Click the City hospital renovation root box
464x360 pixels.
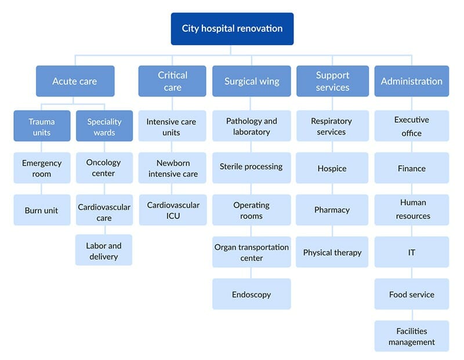pos(233,28)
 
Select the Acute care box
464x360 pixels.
pos(75,81)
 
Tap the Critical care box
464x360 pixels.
pos(172,81)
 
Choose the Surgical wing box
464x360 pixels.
pos(252,81)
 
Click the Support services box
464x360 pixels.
pos(332,81)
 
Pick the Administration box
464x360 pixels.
pos(412,81)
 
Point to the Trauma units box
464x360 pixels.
pos(42,126)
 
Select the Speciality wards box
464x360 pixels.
pos(104,126)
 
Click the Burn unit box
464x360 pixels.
pos(42,210)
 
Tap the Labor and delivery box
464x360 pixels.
pos(104,250)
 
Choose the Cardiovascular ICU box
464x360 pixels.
pos(173,210)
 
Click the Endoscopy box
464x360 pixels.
pos(252,294)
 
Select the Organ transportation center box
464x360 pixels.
pos(252,252)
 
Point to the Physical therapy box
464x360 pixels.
pos(332,252)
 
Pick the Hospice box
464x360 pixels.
pos(332,168)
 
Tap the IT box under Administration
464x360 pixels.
pos(412,252)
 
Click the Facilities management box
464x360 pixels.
pos(412,336)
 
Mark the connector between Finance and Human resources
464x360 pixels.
pos(412,189)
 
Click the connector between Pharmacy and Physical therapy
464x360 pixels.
pos(332,231)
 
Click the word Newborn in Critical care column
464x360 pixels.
pos(173,163)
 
